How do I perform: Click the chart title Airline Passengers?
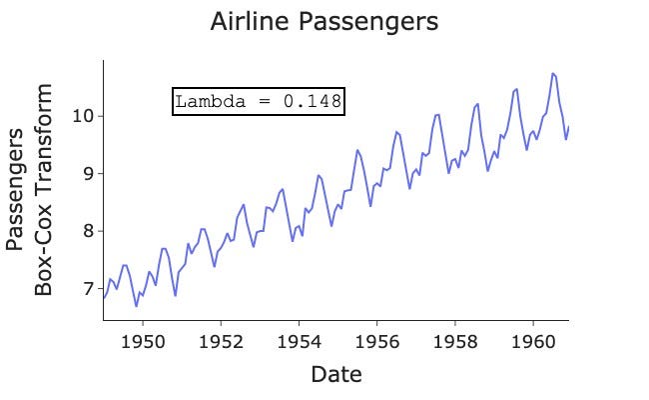pyautogui.click(x=324, y=22)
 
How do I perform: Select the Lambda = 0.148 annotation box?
pyautogui.click(x=259, y=101)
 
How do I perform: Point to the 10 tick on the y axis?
pyautogui.click(x=83, y=116)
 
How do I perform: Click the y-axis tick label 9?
pyautogui.click(x=88, y=173)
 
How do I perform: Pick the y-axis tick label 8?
pyautogui.click(x=88, y=231)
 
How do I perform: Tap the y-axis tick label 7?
pyautogui.click(x=88, y=288)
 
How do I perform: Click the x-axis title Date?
pyautogui.click(x=335, y=375)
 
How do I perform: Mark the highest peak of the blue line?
pyautogui.click(x=553, y=73)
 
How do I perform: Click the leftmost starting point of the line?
pyautogui.click(x=103, y=298)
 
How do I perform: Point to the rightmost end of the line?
pyautogui.click(x=568, y=126)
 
